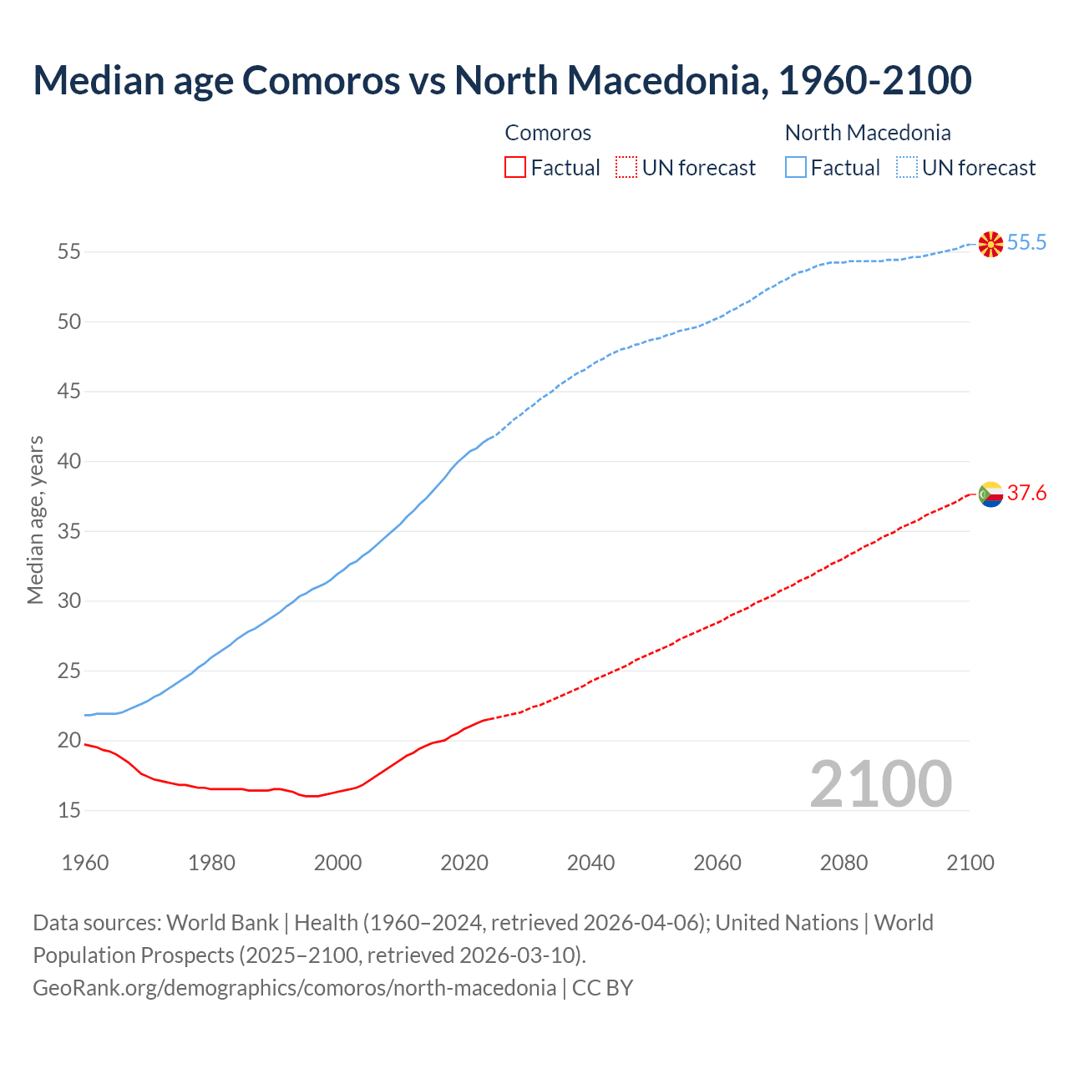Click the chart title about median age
coord(502,80)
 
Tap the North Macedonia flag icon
coord(990,244)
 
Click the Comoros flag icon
coord(990,494)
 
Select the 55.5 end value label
coord(1026,243)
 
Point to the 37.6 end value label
coord(1026,494)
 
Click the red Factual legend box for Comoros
coord(515,168)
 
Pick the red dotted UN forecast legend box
coord(626,168)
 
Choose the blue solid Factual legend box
coord(796,168)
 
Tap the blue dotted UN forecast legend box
coord(907,168)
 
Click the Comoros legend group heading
coord(548,133)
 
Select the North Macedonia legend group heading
coord(868,133)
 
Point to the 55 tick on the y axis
coord(69,251)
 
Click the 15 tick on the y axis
coord(69,811)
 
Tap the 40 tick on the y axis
coord(69,461)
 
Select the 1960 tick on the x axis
coord(85,863)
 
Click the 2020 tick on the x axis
coord(464,863)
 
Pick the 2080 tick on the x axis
coord(844,863)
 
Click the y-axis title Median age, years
coord(35,519)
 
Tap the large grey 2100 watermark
coord(880,784)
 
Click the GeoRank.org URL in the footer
coord(294,988)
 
